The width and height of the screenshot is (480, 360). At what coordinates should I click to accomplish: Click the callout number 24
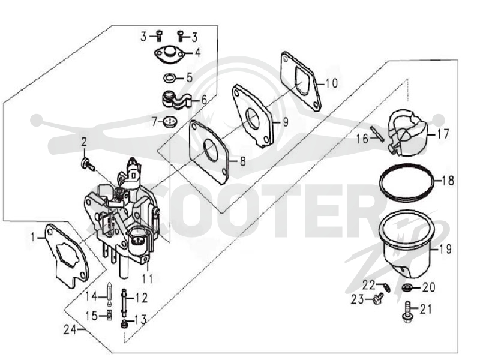pyautogui.click(x=70, y=329)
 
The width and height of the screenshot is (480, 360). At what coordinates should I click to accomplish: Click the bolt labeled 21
pyautogui.click(x=407, y=312)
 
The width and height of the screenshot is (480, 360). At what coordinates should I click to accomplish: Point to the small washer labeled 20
pyautogui.click(x=407, y=287)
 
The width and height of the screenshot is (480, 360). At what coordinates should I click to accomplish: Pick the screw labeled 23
pyautogui.click(x=379, y=298)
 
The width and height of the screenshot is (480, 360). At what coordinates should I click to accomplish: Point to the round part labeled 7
pyautogui.click(x=169, y=122)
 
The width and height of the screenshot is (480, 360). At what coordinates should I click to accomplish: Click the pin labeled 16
pyautogui.click(x=377, y=134)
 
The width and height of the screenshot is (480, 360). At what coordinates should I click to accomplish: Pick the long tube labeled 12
pyautogui.click(x=124, y=303)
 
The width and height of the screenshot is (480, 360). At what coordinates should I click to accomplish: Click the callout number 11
pyautogui.click(x=147, y=278)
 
